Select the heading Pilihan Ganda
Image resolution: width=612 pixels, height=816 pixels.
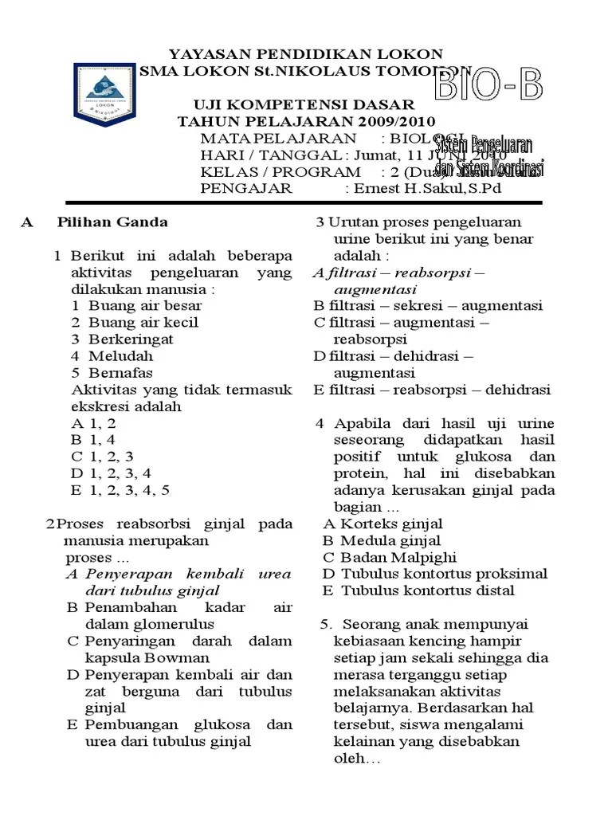(112, 222)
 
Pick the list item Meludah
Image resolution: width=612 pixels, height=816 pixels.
(120, 355)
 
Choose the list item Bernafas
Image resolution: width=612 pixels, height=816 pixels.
(120, 372)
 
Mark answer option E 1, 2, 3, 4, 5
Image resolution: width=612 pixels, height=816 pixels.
(120, 489)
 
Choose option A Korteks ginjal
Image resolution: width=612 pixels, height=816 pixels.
(383, 524)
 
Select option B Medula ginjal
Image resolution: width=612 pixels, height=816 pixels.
(382, 540)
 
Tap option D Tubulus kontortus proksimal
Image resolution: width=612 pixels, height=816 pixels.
(435, 574)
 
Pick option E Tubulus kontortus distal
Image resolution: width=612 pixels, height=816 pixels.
(418, 590)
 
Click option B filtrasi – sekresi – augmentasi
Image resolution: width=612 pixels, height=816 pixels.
(428, 305)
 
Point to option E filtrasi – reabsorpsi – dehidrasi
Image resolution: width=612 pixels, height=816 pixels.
(432, 390)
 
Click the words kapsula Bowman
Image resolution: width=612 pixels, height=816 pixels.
(147, 657)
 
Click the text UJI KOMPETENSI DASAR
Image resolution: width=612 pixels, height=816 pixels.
(305, 104)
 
